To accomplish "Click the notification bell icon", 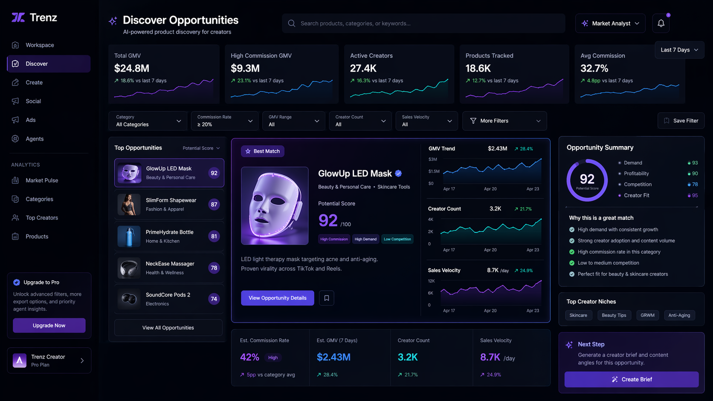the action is point(661,23).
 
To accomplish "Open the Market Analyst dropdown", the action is point(610,23).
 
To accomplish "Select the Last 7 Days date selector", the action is point(679,50).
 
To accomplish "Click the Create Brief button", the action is point(632,379).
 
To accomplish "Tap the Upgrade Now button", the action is point(49,325).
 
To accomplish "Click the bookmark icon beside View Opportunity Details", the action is point(327,298).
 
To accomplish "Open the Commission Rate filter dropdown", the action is point(225,121).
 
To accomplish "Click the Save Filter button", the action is point(681,121).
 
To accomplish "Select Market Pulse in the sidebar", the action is point(42,180).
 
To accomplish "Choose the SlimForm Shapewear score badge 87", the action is point(214,205).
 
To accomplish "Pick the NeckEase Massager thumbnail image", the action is point(129,268).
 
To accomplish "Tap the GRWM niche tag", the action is point(647,315).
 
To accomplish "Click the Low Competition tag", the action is point(397,239).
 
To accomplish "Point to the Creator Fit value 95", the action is point(695,195).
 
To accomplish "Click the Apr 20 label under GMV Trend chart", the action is point(490,189).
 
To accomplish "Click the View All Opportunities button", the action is point(168,328).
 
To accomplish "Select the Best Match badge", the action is point(263,151).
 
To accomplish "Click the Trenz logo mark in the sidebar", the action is point(18,17).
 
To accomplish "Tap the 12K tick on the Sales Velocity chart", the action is point(431,281).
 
